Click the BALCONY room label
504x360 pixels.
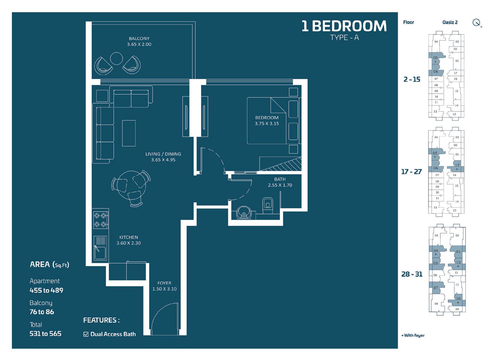tap(139, 39)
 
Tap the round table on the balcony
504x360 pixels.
tap(116, 58)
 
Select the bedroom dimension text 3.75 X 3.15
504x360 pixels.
tap(267, 124)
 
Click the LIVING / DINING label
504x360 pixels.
tap(163, 154)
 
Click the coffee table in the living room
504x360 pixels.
tap(129, 133)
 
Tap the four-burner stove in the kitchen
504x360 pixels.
tap(100, 220)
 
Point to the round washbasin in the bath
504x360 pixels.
tap(244, 213)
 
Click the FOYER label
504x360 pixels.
tap(164, 283)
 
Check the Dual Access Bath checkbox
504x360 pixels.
tap(86, 334)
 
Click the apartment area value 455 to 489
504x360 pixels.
tap(46, 290)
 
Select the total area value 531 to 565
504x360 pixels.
tap(45, 334)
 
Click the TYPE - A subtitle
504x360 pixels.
tap(344, 38)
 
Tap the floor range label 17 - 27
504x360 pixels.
tap(411, 172)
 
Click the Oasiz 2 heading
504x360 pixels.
tap(450, 22)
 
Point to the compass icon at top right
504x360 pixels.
tap(476, 23)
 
